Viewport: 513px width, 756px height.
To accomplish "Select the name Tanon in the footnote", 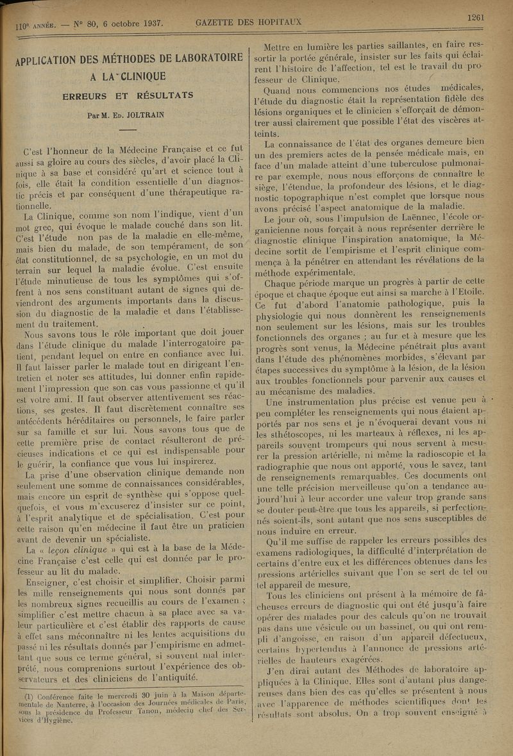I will [153, 711].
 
